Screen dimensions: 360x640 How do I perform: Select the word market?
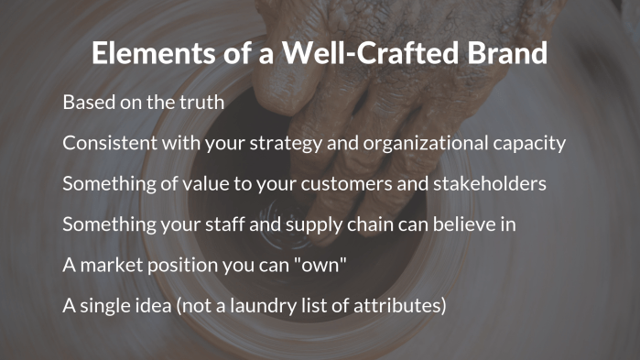point(111,264)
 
